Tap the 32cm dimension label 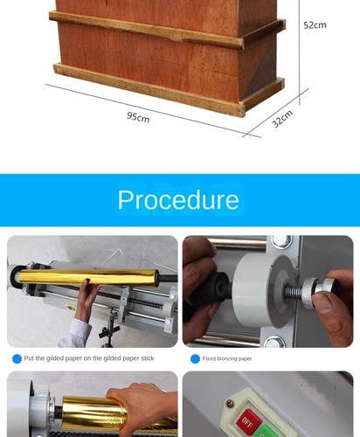(x=281, y=118)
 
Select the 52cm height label (x=315, y=25)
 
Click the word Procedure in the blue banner (x=178, y=199)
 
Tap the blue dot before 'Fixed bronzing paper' (x=195, y=358)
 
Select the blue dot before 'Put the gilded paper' (x=16, y=358)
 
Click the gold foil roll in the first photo (x=87, y=277)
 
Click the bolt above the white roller (x=281, y=241)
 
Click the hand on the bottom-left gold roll (x=140, y=406)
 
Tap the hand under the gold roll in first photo (x=86, y=301)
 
